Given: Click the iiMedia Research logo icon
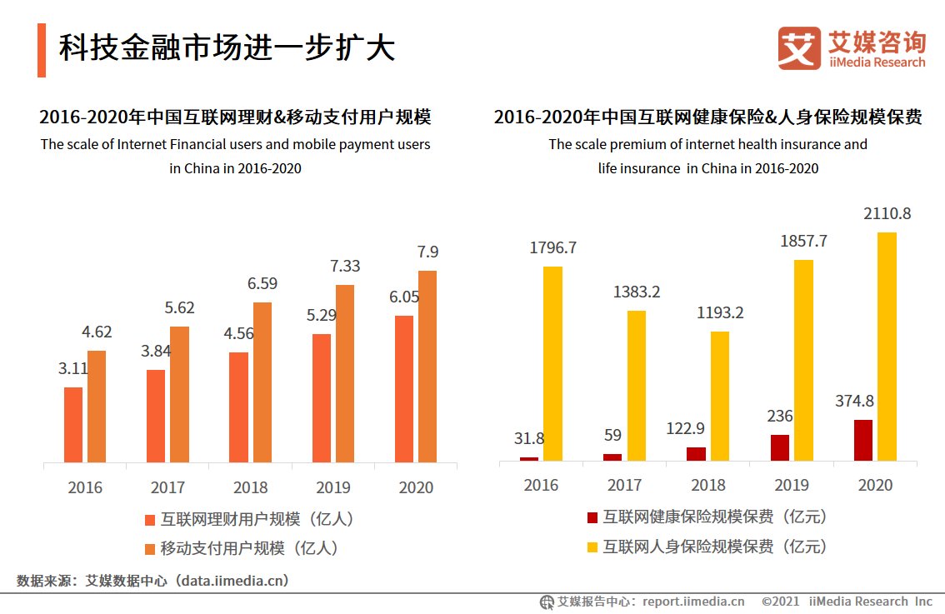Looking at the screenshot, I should [798, 48].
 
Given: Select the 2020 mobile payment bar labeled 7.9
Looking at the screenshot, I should [427, 367].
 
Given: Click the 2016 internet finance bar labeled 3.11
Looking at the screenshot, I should [73, 424].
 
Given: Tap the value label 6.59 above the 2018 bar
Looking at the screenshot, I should [262, 283].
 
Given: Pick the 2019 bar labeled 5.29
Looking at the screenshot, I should [322, 398].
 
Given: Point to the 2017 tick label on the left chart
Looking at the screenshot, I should [167, 487].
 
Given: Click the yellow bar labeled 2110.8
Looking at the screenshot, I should [887, 347].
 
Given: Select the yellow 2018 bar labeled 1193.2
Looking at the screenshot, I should [720, 396].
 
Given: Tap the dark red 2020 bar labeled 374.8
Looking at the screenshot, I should [863, 440].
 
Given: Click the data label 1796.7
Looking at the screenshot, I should [553, 248].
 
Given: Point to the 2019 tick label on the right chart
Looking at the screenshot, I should [791, 485].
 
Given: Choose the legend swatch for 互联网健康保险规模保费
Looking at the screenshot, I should [592, 518].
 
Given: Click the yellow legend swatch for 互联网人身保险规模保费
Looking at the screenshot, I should [592, 547].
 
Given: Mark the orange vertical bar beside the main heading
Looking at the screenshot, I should [41, 50].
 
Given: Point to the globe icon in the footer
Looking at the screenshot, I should [547, 602].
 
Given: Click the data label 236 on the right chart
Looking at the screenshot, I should [780, 417].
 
